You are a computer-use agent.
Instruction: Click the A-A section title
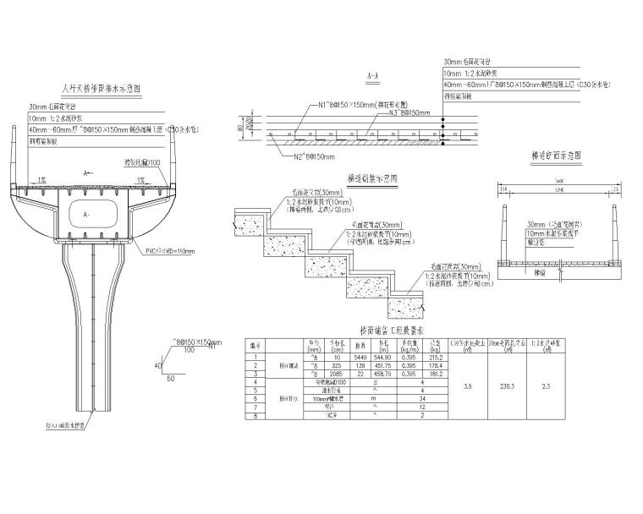pos(373,77)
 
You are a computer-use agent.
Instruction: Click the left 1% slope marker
pos(42,180)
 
